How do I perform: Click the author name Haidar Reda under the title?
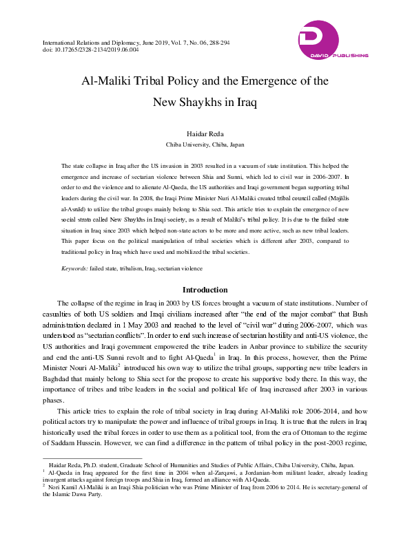(205, 135)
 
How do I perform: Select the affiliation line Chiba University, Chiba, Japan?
(205, 145)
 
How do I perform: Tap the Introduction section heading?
(205, 290)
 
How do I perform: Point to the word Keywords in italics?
(74, 267)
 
